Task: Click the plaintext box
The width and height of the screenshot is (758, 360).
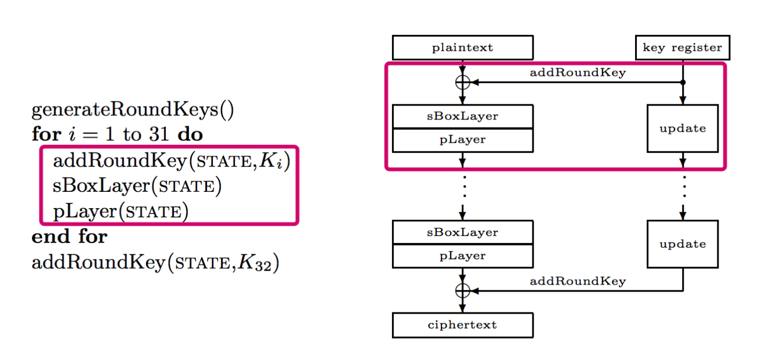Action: pyautogui.click(x=462, y=48)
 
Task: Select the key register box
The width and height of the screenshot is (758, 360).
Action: pyautogui.click(x=683, y=48)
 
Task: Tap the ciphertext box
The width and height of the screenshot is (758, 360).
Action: pyautogui.click(x=462, y=325)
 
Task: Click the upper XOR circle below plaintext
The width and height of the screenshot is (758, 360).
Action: pyautogui.click(x=462, y=82)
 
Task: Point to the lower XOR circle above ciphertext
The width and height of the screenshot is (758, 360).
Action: pyautogui.click(x=462, y=290)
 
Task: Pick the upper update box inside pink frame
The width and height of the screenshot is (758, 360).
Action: pyautogui.click(x=683, y=128)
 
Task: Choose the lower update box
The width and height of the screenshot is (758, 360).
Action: pyautogui.click(x=683, y=244)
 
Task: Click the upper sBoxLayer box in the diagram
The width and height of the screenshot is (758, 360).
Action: pyautogui.click(x=462, y=117)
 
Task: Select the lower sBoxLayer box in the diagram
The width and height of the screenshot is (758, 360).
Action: pyautogui.click(x=462, y=232)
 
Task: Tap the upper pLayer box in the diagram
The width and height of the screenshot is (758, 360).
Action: pyautogui.click(x=462, y=140)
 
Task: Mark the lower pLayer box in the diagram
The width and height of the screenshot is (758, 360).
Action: pyautogui.click(x=462, y=256)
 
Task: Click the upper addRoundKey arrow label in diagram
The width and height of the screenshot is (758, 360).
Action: pyautogui.click(x=577, y=73)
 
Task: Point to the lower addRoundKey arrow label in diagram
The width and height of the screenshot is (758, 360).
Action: pyautogui.click(x=577, y=282)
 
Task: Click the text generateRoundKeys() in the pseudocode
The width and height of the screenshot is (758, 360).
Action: pyautogui.click(x=133, y=110)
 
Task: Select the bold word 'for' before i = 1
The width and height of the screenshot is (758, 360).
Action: pyautogui.click(x=46, y=134)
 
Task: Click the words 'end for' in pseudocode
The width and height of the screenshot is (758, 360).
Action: pyautogui.click(x=69, y=237)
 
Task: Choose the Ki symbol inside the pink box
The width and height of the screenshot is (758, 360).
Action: pyautogui.click(x=271, y=161)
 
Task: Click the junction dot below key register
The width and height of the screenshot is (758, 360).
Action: pyautogui.click(x=683, y=82)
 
